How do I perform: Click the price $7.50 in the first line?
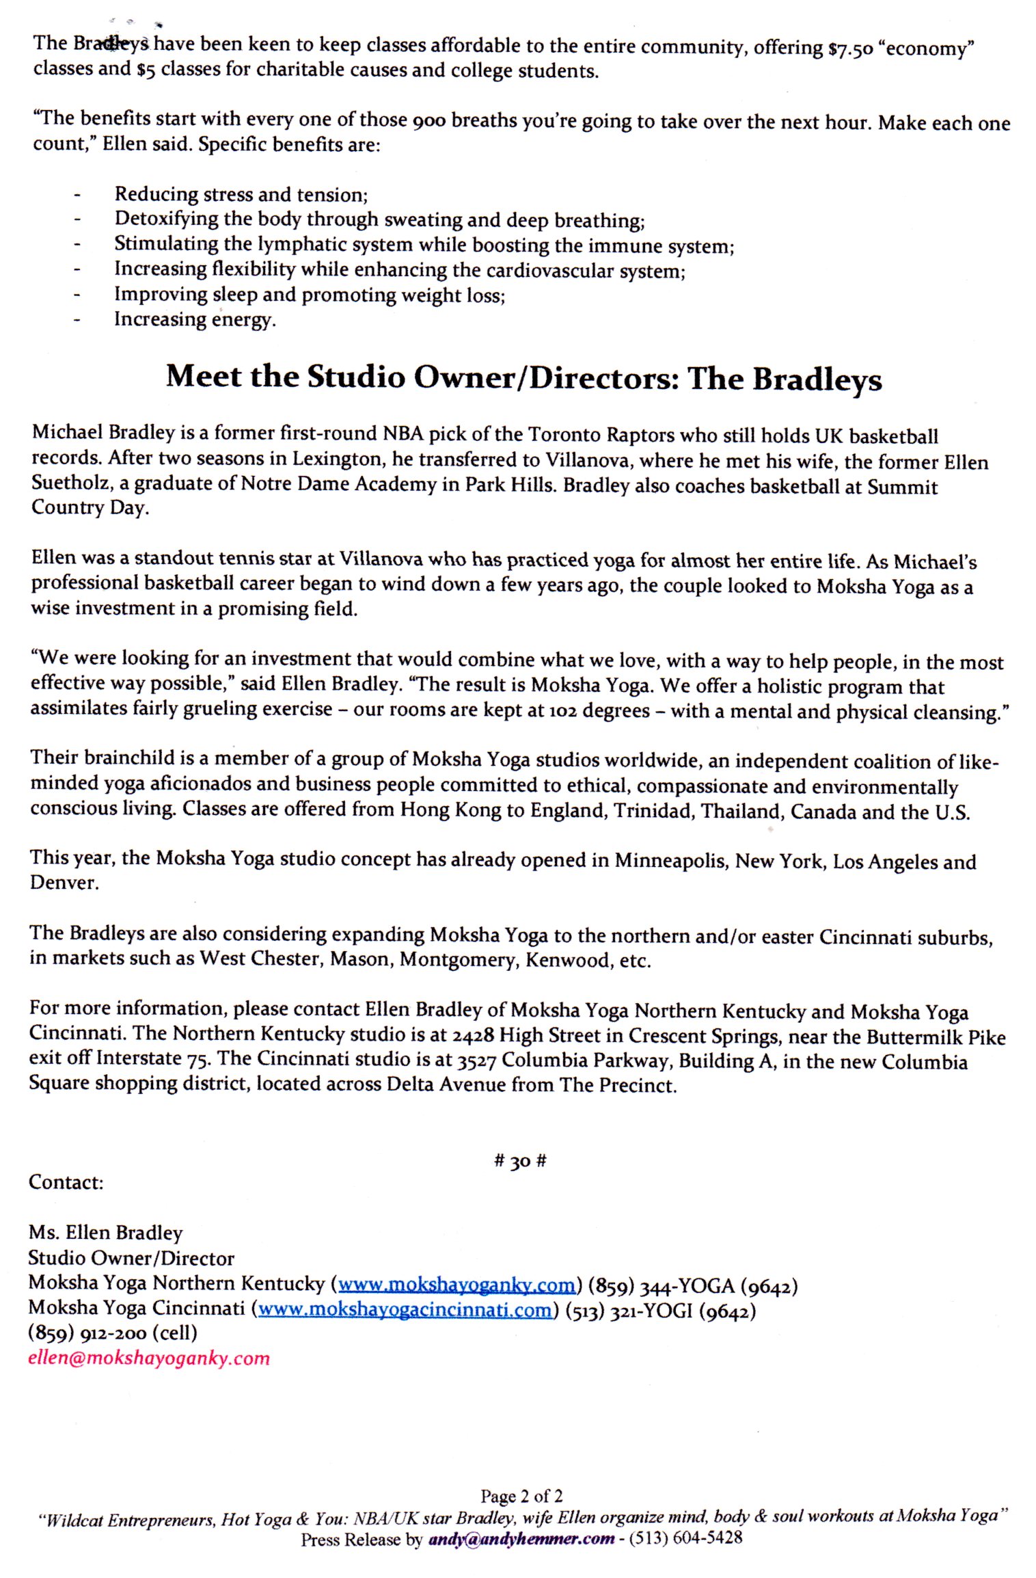849,49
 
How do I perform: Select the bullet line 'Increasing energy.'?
195,319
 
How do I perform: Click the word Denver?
64,883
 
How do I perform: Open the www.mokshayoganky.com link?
456,1285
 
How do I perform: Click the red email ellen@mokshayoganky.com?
149,1358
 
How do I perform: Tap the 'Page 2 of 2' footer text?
521,1496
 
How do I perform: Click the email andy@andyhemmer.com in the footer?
521,1539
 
